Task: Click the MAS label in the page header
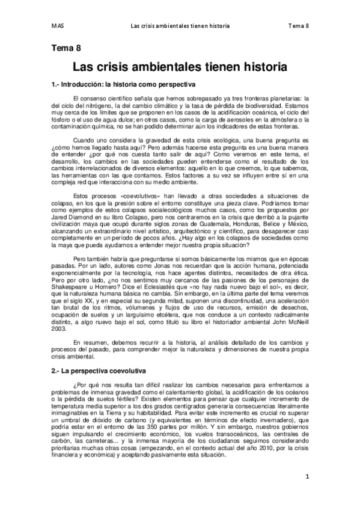[x=57, y=26]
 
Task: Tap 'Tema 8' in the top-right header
[x=299, y=26]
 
